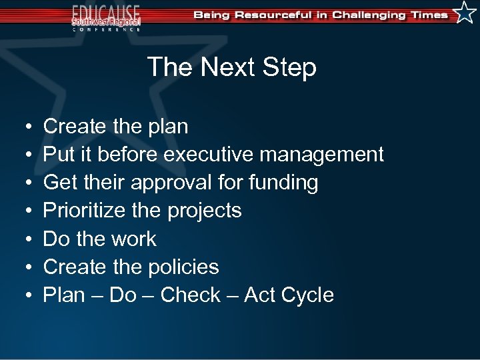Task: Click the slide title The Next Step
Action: tap(231, 67)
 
